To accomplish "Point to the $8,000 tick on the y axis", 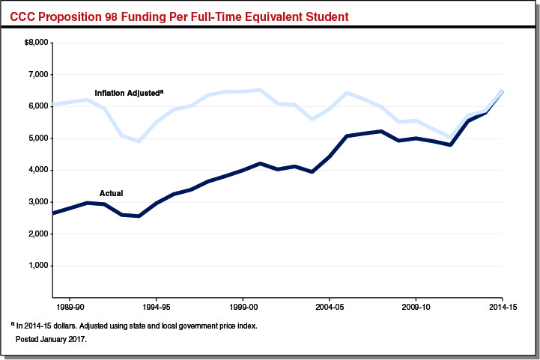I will pyautogui.click(x=36, y=43).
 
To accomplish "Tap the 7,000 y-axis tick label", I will pyautogui.click(x=37, y=75).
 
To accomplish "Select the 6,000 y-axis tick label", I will pyautogui.click(x=37, y=106).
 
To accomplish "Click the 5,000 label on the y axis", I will pyautogui.click(x=37, y=138).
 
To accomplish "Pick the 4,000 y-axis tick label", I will pyautogui.click(x=37, y=170).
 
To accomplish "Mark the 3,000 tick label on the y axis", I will pyautogui.click(x=37, y=202).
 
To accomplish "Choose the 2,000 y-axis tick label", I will pyautogui.click(x=37, y=234).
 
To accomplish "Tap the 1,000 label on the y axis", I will pyautogui.click(x=37, y=266).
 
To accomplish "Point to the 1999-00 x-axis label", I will pyautogui.click(x=242, y=307).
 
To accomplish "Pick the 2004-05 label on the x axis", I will pyautogui.click(x=329, y=307).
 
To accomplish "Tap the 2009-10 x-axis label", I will pyautogui.click(x=416, y=307).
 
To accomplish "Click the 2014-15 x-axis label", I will pyautogui.click(x=502, y=307).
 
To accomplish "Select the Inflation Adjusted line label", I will pyautogui.click(x=128, y=93).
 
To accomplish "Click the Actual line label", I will pyautogui.click(x=111, y=193).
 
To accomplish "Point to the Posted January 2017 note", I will pyautogui.click(x=51, y=339).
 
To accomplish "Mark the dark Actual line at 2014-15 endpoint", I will pyautogui.click(x=502, y=92).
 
